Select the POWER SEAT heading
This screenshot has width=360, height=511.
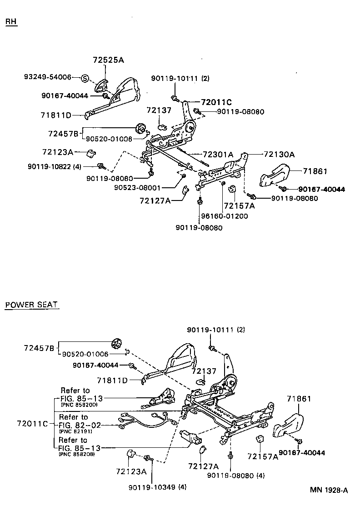[x=31, y=305]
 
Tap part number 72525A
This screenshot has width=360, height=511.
[x=108, y=60]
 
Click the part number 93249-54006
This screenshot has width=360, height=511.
[x=48, y=77]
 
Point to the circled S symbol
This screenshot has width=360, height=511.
[x=85, y=78]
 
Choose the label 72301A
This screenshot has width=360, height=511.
[x=218, y=155]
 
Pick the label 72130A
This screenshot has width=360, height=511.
[x=279, y=155]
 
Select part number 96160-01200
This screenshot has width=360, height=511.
[x=225, y=216]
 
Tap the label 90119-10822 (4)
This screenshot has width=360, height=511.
[x=61, y=166]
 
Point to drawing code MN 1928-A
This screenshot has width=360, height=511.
[x=329, y=490]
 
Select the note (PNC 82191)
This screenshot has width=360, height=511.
[x=75, y=431]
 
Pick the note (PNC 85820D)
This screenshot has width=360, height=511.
[x=79, y=404]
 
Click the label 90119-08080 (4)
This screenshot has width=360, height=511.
[x=235, y=476]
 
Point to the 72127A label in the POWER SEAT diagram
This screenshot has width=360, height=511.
[x=203, y=466]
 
